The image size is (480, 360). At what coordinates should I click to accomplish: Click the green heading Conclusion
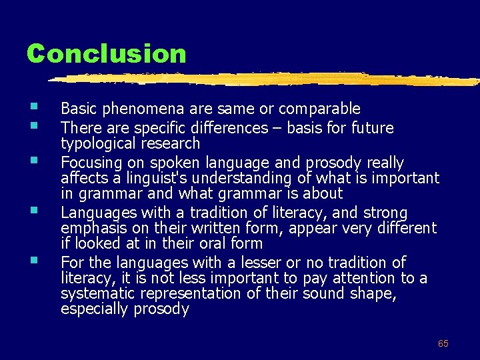pos(107,53)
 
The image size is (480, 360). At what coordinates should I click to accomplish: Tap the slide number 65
pos(443,343)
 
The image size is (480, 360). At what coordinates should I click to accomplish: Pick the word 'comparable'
pos(319,109)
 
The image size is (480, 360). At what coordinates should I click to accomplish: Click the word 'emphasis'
pos(89,229)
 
